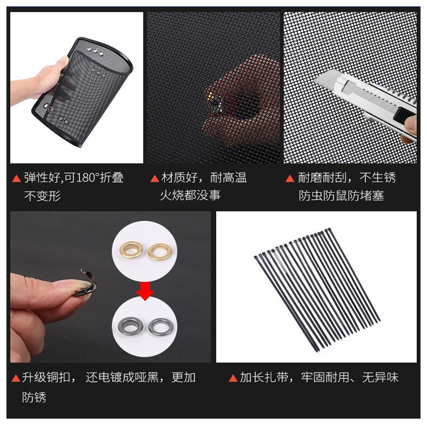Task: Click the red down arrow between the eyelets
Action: tap(145, 291)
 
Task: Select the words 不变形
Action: tap(43, 196)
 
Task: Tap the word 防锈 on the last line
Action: tap(35, 398)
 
